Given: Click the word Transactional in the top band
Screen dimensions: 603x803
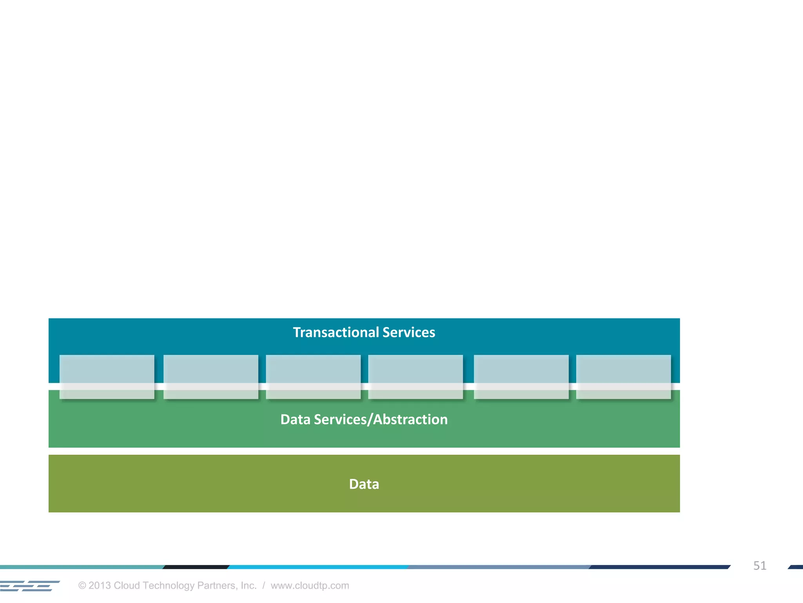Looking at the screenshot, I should [x=336, y=333].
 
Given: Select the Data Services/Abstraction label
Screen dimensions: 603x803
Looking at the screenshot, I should [x=364, y=420].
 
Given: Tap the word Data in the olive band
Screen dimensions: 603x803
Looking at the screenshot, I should [x=364, y=484].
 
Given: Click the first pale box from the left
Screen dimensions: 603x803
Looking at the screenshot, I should [x=107, y=376].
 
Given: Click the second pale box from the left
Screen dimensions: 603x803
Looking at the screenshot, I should [x=211, y=376].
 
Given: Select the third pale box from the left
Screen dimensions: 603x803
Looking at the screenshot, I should [x=313, y=376].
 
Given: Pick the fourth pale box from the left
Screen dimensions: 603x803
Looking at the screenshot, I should [x=415, y=376].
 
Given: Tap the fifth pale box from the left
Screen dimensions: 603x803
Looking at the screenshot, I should [x=521, y=376].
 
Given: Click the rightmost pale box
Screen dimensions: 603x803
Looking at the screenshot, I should [x=623, y=376].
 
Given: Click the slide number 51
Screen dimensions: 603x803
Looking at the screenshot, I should [x=759, y=566].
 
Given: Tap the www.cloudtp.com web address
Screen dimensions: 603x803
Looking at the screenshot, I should [x=310, y=586].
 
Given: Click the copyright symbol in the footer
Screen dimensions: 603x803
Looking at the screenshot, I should [x=82, y=586].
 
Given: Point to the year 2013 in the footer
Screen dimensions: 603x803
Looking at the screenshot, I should [x=100, y=586].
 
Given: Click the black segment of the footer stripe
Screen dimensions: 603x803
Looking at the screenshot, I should [x=196, y=567].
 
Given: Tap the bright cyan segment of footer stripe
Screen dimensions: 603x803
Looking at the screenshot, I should [x=318, y=567].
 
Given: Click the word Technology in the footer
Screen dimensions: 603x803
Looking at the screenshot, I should [x=169, y=586].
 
